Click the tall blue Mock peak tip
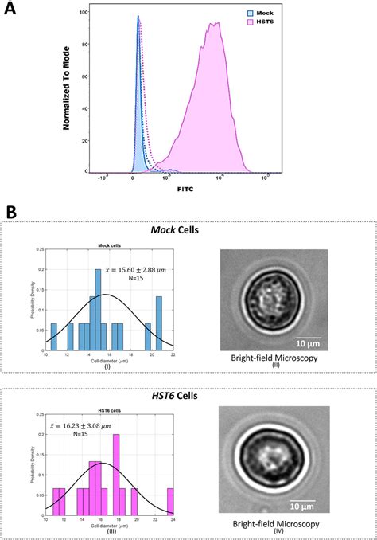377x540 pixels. click(138, 17)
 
